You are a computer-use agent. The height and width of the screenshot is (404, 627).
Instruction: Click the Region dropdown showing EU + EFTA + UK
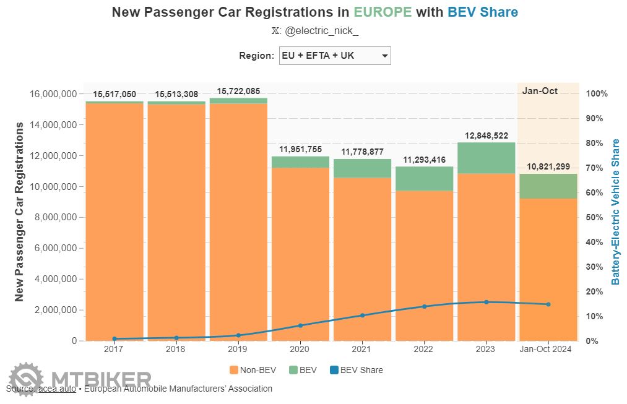click(x=335, y=56)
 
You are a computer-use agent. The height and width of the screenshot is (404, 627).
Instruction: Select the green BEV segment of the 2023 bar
click(x=486, y=158)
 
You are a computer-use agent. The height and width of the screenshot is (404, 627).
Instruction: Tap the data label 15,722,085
click(x=238, y=91)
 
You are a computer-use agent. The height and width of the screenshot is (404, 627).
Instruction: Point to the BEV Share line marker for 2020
click(x=300, y=325)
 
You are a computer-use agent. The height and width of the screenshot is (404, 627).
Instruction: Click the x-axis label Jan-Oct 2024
click(x=548, y=350)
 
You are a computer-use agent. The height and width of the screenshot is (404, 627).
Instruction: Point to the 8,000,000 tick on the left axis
click(x=53, y=217)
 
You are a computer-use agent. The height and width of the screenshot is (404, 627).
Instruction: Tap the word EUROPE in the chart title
click(x=383, y=12)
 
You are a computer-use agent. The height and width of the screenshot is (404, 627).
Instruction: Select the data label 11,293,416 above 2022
click(x=424, y=160)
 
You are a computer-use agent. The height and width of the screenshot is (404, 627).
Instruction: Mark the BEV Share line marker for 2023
click(x=486, y=302)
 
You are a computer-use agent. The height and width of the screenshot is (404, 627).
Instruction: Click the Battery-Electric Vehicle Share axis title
click(x=615, y=212)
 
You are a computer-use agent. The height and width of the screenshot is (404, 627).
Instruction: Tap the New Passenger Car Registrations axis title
click(x=19, y=212)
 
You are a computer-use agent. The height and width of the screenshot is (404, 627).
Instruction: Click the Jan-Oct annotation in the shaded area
click(x=540, y=91)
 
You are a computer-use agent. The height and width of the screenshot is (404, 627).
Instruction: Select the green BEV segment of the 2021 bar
click(x=362, y=168)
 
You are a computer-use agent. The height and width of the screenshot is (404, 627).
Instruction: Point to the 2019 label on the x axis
click(x=238, y=350)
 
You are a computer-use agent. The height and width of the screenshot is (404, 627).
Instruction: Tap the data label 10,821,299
click(x=548, y=167)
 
